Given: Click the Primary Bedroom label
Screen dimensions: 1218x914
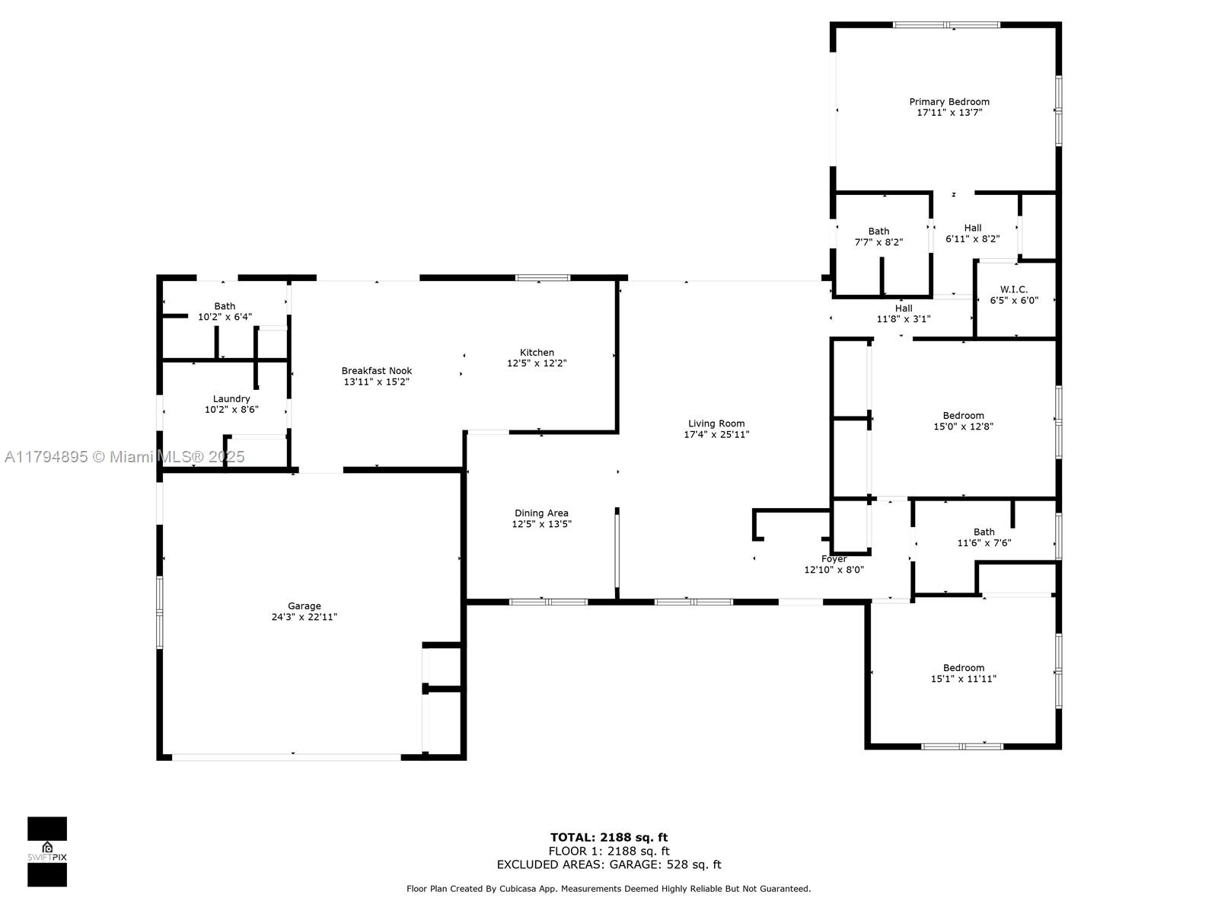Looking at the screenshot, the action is click(x=949, y=101).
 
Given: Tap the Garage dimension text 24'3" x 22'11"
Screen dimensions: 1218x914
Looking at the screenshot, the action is click(x=304, y=616).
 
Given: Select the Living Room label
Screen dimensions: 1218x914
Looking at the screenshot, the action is click(x=716, y=423).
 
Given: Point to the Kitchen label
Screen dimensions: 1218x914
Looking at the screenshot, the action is click(x=537, y=353).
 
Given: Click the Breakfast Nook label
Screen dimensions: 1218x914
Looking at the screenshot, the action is click(x=377, y=371).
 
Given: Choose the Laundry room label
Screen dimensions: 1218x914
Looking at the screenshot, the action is click(x=231, y=399).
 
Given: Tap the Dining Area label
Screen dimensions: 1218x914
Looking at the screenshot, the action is click(x=541, y=513).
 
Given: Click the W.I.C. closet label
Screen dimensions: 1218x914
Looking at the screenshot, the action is click(x=1014, y=289).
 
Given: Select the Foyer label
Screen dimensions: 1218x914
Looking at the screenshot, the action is click(x=834, y=559).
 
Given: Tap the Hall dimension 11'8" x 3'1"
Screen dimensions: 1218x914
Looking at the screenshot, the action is click(x=904, y=319).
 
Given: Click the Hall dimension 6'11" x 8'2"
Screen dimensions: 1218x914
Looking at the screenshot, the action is click(x=973, y=238).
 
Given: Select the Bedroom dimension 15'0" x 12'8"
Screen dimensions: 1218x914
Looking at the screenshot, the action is click(x=963, y=427).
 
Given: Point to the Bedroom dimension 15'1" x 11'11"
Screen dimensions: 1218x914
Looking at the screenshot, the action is click(x=963, y=678).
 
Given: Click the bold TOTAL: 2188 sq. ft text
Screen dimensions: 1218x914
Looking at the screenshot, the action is click(x=609, y=837).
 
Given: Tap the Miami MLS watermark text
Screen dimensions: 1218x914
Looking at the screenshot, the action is click(x=124, y=457).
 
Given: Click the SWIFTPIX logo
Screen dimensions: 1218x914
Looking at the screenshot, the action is click(x=47, y=852).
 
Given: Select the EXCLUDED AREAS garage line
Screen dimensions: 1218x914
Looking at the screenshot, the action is click(x=609, y=864).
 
